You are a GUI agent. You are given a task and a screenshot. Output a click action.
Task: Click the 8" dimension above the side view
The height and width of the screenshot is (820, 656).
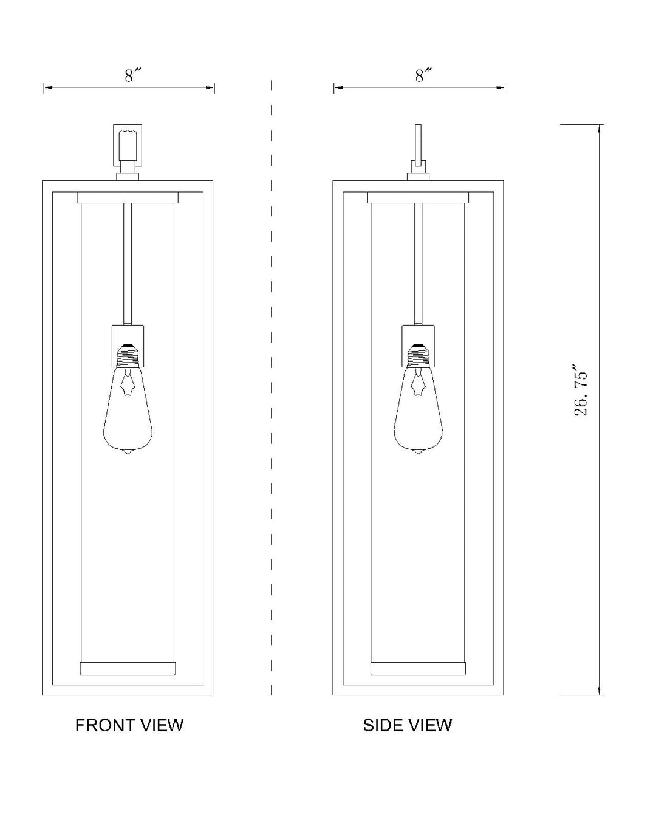(421, 76)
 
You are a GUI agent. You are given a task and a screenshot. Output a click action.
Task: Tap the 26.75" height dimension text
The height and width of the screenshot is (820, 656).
(581, 391)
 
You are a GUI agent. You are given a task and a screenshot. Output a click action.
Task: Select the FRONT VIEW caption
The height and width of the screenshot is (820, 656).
(129, 725)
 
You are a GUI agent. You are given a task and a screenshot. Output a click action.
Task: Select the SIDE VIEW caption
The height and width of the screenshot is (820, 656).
(407, 725)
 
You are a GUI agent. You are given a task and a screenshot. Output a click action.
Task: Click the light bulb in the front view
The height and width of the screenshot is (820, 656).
(128, 409)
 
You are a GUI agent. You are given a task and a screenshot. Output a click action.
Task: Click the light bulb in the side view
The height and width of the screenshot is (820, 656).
(418, 409)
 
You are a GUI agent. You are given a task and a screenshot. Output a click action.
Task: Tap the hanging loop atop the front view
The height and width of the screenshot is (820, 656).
(128, 145)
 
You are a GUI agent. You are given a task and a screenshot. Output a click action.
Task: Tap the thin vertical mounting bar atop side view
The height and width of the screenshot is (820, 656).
(418, 144)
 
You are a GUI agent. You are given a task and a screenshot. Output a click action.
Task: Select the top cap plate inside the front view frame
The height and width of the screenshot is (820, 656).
(128, 198)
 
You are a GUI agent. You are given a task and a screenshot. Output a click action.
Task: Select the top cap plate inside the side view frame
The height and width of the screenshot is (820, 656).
(418, 198)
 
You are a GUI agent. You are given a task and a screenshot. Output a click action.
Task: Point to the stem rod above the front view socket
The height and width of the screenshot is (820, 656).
(128, 264)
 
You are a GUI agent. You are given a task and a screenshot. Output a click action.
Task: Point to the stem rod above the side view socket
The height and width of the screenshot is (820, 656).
(418, 264)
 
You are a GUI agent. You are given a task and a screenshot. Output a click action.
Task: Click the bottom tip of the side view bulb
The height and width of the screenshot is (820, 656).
(419, 454)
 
